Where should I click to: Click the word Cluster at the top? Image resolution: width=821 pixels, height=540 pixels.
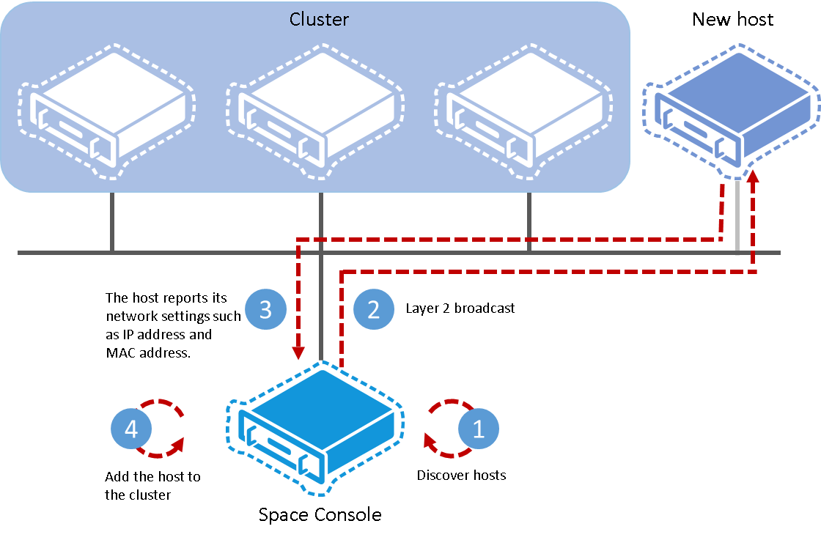tap(319, 19)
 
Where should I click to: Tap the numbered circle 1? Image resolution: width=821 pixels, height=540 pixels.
tap(479, 429)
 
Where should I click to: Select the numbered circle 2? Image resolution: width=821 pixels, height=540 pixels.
tap(374, 310)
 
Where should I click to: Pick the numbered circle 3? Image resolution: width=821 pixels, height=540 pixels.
tap(265, 310)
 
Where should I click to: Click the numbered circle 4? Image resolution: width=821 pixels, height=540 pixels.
tap(131, 429)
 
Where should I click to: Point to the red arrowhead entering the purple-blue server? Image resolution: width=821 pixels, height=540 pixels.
tap(753, 178)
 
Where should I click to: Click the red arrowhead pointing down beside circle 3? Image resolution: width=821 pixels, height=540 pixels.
tap(298, 354)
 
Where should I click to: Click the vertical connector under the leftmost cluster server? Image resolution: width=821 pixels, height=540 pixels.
tap(112, 222)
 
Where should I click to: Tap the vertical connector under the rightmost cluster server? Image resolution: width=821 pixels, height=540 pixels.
tap(529, 222)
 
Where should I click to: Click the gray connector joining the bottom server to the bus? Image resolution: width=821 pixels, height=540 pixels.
tap(322, 308)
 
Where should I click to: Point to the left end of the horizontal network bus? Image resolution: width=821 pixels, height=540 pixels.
tap(21, 253)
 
